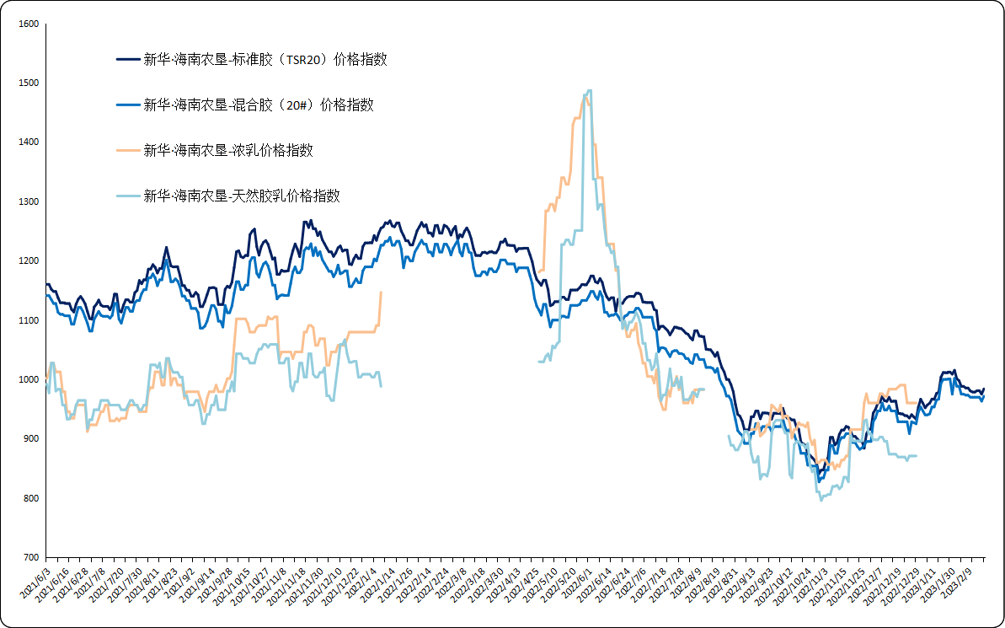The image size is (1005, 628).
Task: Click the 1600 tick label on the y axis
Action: coord(29,24)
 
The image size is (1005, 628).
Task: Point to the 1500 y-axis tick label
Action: coord(29,83)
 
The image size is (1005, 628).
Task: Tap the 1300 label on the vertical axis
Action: coord(29,202)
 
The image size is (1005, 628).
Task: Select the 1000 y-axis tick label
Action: coord(29,380)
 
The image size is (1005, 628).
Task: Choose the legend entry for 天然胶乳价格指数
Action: coord(241,196)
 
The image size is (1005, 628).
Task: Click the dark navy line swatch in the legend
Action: coord(127,60)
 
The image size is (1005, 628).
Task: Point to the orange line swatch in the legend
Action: coord(127,151)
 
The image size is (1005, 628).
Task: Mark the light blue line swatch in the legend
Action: coord(127,196)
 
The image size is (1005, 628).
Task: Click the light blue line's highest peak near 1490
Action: coord(589,90)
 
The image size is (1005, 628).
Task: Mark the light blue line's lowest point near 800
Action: coord(821,501)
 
